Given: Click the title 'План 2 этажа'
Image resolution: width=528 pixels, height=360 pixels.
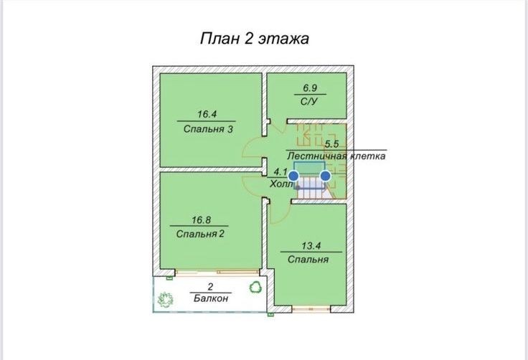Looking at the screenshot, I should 254,39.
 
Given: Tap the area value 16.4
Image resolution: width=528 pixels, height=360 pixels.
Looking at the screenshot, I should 207,114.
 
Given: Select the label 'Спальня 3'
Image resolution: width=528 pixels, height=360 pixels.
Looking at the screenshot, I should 207,130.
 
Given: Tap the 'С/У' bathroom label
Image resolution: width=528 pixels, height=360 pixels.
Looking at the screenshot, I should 308,102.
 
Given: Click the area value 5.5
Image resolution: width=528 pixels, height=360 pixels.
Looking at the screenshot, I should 331,143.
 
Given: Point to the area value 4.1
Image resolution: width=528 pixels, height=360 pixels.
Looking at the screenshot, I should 281,172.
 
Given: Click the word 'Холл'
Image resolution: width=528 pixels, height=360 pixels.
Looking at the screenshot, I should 281,184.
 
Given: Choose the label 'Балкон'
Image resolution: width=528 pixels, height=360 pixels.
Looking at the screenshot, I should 211,298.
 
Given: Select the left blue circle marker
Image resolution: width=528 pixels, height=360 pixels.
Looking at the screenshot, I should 293,175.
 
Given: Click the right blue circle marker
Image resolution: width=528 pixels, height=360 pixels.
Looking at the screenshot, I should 326,175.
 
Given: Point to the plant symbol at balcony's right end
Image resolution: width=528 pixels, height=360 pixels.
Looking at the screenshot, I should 255,288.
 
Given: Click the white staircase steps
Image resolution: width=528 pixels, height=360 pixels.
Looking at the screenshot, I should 311,189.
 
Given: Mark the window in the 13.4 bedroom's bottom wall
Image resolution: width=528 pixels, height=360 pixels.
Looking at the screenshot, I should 311,308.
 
